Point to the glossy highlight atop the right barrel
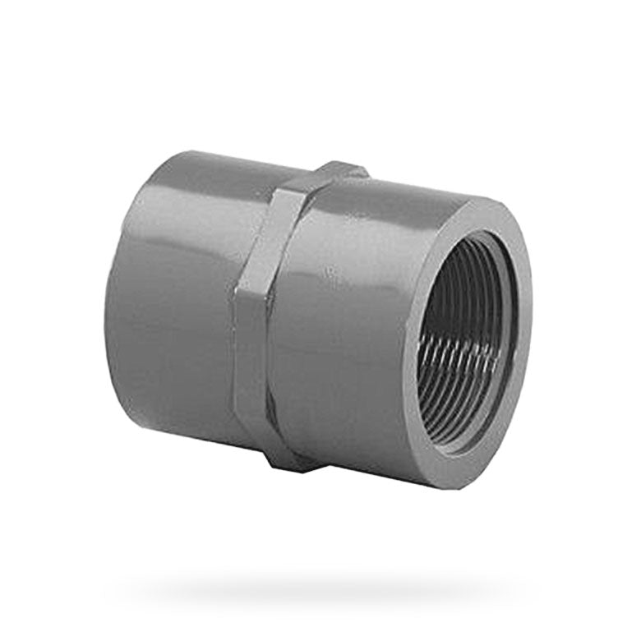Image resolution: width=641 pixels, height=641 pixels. pos(386,205)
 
